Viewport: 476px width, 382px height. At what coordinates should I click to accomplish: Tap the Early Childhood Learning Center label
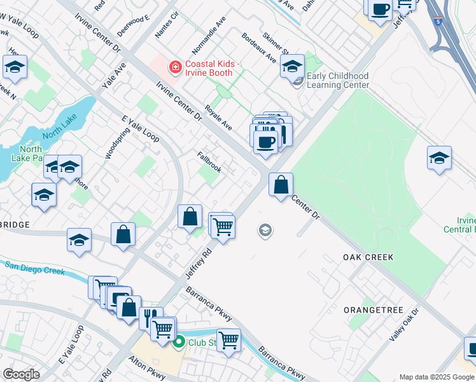coord(338,80)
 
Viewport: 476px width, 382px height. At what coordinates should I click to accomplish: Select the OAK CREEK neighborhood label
coord(368,257)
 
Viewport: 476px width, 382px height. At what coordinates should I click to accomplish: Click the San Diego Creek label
coord(35,267)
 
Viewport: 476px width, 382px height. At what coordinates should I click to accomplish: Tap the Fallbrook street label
coord(209,162)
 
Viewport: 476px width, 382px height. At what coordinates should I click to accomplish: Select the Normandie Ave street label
coord(210,39)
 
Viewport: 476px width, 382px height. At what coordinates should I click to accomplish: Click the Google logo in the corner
coord(21,374)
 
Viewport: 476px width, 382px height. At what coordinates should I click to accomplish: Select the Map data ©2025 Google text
coord(437,377)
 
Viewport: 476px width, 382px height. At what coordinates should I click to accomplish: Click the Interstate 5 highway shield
coord(438,21)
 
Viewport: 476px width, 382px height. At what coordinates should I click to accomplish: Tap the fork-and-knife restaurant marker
coord(150,316)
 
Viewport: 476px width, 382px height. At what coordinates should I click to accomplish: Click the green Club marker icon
coord(179,343)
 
